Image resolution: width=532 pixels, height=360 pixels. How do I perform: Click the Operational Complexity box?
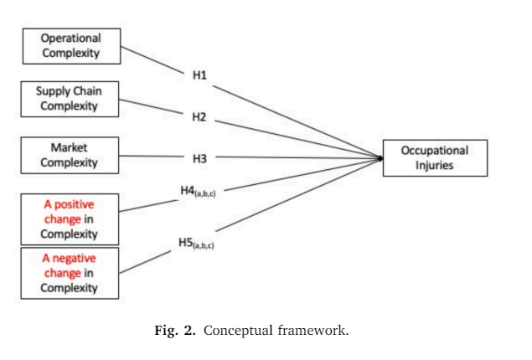pos(71,46)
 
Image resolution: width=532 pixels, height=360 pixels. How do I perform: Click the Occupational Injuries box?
pos(434,158)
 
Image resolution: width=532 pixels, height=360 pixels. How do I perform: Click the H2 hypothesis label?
pos(199,116)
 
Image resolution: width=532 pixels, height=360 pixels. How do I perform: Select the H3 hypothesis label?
pos(199,156)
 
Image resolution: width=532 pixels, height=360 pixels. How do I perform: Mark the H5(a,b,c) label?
pos(197,244)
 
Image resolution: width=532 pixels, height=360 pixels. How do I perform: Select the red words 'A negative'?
pos(69,259)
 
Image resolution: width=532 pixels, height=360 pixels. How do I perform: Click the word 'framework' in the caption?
pos(312,330)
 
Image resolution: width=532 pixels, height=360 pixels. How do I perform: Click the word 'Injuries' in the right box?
pos(434,165)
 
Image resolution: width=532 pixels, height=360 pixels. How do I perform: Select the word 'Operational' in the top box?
pos(71,39)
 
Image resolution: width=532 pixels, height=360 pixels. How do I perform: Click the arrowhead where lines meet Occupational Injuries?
pos(381,157)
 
